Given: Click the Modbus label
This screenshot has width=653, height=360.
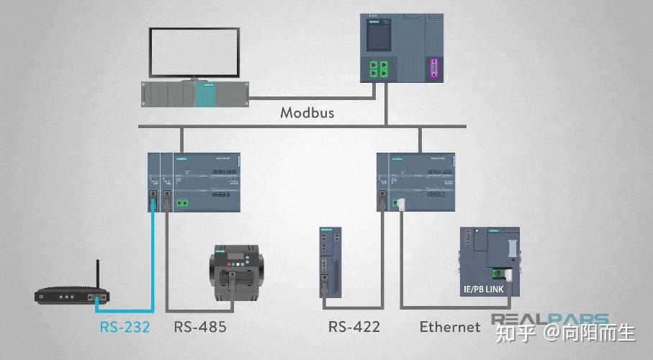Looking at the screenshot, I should tap(307, 113).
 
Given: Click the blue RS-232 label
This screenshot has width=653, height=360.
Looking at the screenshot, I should tap(125, 327).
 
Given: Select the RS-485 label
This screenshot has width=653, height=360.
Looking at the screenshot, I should tap(200, 327).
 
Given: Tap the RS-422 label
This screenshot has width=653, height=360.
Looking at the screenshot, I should tap(354, 327).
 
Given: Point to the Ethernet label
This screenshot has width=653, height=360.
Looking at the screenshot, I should tap(450, 327).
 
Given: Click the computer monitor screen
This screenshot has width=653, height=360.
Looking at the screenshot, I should tap(194, 52).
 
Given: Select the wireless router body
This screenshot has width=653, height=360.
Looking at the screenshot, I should tap(71, 296).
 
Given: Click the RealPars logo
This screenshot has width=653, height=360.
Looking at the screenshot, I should tap(550, 319).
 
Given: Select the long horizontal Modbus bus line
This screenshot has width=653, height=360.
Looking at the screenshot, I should tap(302, 127).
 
